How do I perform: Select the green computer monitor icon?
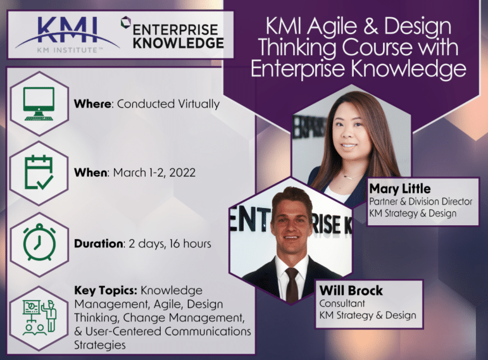[39, 104]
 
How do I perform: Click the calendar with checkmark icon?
[39, 173]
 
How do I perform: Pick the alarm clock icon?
[39, 242]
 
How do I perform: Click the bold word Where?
[92, 104]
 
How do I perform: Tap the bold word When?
[91, 173]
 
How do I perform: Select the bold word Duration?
[98, 244]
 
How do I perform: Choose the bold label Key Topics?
[106, 291]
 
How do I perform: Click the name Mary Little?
[400, 189]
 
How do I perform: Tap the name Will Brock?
[351, 290]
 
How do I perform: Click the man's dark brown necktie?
[292, 284]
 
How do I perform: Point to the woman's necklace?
[351, 177]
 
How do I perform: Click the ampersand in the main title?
[370, 27]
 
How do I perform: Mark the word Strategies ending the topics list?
[100, 345]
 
